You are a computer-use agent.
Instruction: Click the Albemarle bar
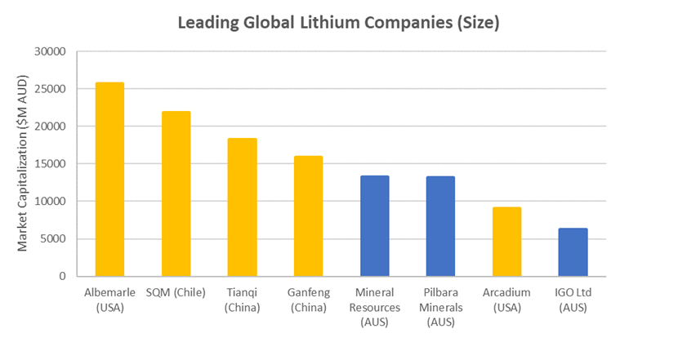tap(109, 180)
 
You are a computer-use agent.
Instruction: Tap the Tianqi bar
tap(242, 207)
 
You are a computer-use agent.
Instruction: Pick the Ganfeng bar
tap(308, 216)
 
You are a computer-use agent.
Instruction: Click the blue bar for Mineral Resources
tap(374, 226)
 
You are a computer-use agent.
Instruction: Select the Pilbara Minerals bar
tap(440, 226)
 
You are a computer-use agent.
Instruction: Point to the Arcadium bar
tap(506, 242)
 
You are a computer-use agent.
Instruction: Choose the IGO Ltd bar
tap(573, 252)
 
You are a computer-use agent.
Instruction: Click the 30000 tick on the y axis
tap(50, 51)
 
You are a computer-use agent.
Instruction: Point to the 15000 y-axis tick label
tap(50, 164)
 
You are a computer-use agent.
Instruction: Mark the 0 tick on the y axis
tap(62, 277)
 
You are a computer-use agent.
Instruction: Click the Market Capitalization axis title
tap(23, 164)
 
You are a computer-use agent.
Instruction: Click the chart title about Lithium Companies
tap(339, 22)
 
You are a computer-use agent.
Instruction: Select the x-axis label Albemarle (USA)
tap(109, 300)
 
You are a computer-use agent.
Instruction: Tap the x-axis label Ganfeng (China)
tap(308, 300)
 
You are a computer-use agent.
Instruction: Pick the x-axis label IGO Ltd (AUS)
tap(573, 300)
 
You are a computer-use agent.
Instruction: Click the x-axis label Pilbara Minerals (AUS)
tap(440, 307)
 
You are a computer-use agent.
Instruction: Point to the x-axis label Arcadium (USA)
tap(506, 300)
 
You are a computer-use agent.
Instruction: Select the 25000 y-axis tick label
tap(50, 89)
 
